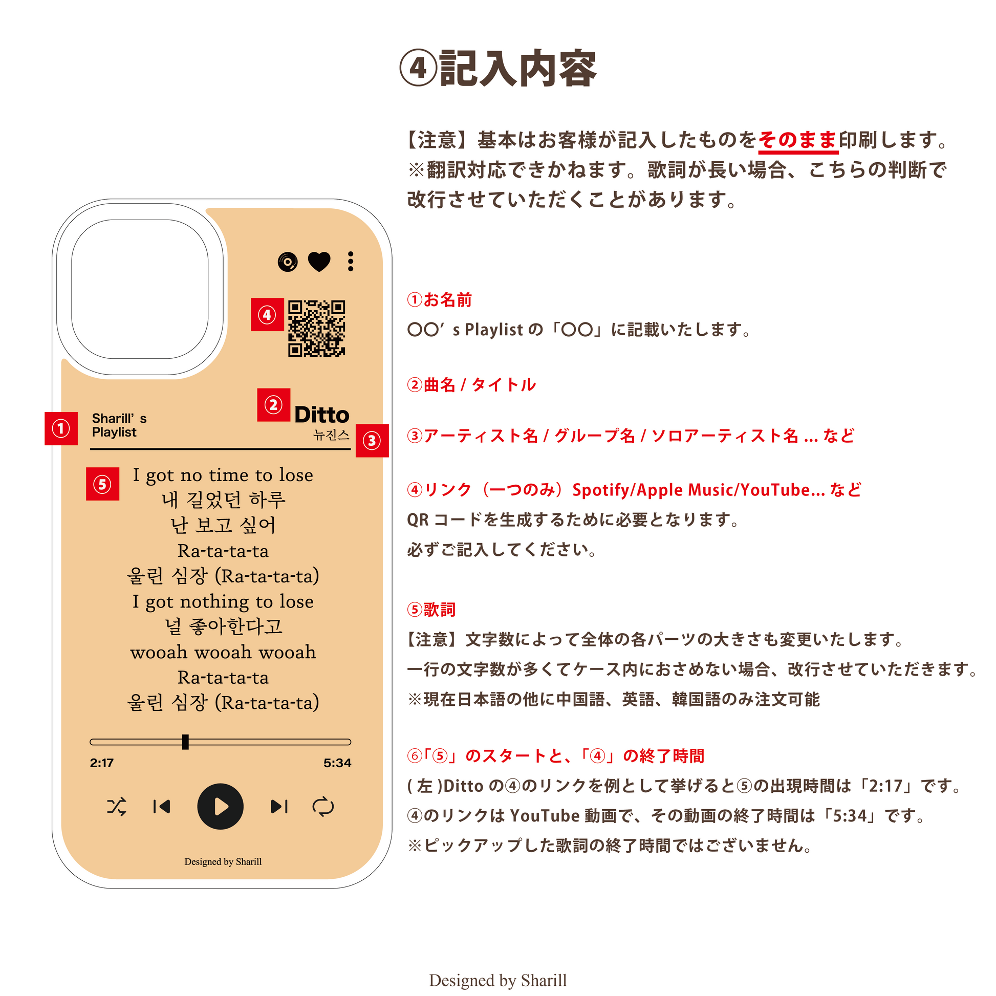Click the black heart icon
319,262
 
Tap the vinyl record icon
288,262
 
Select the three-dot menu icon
351,262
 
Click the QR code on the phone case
316,329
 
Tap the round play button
221,806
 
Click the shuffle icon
117,806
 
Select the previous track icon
162,806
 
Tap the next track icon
279,806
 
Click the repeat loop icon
323,806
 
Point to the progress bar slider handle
185,742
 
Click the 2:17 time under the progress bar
101,763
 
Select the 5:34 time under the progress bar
338,763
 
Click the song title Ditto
322,415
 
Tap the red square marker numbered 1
61,428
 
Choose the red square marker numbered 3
372,441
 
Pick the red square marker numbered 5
102,484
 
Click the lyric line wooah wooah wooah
223,652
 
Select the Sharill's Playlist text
119,425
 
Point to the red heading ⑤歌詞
431,610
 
